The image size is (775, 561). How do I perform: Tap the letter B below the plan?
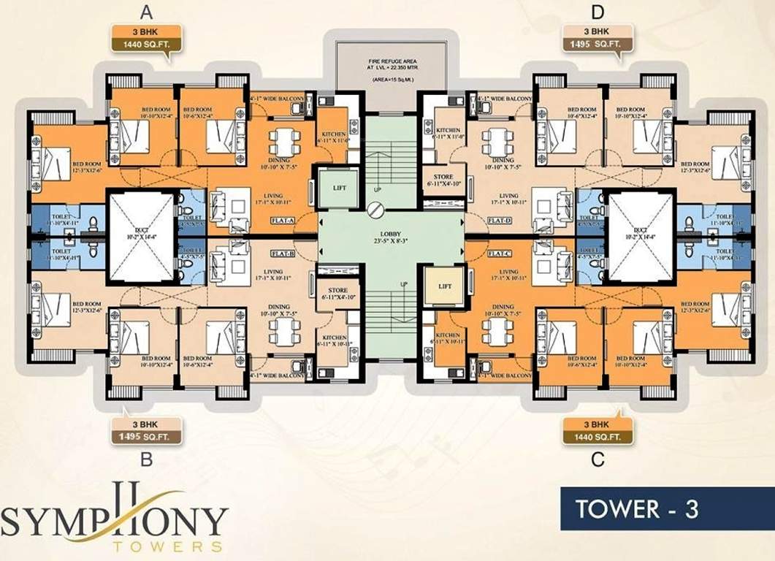coord(146,459)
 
